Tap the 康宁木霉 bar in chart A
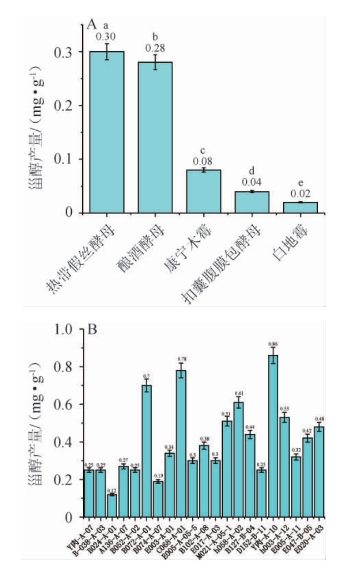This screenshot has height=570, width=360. (203, 191)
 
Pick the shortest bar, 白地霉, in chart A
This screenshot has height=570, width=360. (300, 208)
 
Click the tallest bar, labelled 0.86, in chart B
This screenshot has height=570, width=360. (273, 436)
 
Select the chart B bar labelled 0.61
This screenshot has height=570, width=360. (238, 459)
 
